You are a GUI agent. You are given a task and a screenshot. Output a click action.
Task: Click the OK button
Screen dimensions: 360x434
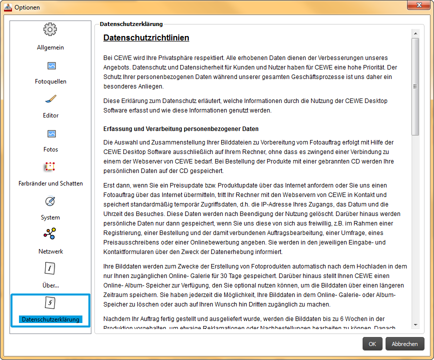coord(372,344)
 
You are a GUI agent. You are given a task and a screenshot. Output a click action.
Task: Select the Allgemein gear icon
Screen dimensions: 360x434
coord(50,30)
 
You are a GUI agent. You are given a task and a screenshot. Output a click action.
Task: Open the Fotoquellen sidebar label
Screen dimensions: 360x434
coord(50,81)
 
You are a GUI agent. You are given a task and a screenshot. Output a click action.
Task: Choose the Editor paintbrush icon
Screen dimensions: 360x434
coord(50,99)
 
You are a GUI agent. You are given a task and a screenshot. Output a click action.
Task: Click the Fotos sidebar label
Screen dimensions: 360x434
coord(50,149)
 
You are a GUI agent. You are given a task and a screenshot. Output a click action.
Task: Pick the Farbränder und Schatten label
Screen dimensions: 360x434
coord(50,183)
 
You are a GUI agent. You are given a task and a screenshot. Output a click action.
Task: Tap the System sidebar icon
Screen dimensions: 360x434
coord(50,201)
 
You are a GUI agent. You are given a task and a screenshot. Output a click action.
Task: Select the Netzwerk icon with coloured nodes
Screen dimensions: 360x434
coord(50,234)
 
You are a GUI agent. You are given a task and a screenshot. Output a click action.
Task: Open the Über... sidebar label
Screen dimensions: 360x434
coord(50,285)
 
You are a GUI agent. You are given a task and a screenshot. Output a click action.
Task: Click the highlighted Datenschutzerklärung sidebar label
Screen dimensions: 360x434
coord(50,319)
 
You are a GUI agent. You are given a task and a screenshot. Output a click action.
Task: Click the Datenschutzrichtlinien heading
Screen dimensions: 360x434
coord(146,38)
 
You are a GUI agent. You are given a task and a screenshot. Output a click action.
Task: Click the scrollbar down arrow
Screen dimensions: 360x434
coord(416,324)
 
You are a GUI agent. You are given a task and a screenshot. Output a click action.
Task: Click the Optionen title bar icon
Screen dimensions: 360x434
coord(7,7)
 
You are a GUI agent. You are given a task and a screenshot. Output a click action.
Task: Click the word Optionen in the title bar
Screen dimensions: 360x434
coord(27,7)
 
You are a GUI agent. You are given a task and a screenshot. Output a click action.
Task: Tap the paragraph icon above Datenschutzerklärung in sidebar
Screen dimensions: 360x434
coord(50,302)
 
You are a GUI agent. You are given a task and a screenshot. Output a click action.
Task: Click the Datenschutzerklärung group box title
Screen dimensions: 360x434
coord(131,23)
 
